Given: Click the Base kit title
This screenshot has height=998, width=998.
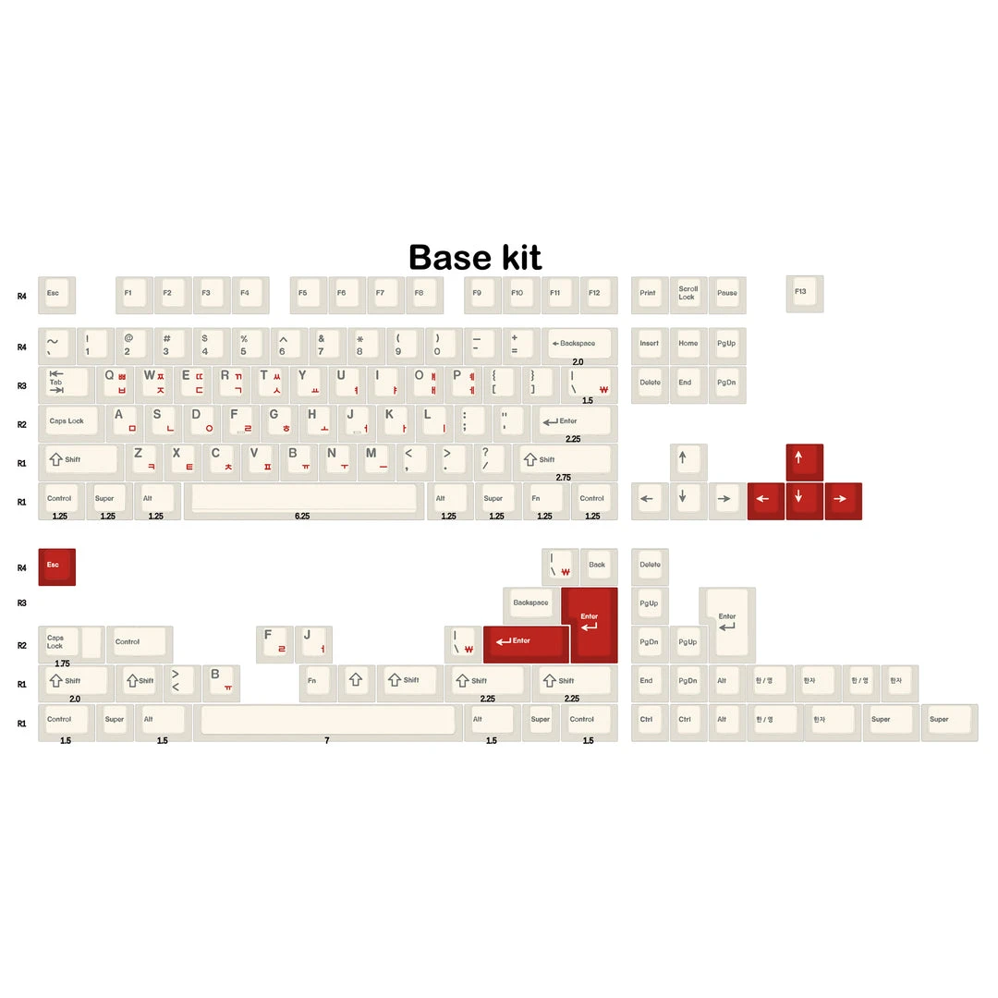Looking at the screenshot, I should tap(475, 257).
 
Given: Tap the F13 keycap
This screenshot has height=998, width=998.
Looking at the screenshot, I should tap(804, 293).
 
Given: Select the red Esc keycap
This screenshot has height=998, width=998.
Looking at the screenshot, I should tap(56, 566).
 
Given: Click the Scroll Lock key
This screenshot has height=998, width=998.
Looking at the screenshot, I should tap(688, 294).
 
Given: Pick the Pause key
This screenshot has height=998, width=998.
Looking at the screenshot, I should tap(727, 294).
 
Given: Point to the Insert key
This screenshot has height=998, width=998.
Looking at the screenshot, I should tap(650, 346).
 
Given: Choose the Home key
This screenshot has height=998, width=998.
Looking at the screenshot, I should tap(688, 346).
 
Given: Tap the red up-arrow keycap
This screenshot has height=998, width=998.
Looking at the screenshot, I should tap(804, 461).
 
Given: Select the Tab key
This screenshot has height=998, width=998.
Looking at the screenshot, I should tap(65, 383).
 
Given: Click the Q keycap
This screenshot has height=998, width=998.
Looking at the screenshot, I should tap(115, 383).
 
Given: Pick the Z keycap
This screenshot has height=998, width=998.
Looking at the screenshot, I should tap(144, 461).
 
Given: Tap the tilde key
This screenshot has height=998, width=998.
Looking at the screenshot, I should tap(56, 346).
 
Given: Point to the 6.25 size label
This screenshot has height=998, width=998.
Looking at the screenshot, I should tap(302, 516).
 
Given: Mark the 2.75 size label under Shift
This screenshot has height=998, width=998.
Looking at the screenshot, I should tap(564, 478).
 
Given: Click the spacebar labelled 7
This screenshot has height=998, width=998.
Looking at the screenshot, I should tap(327, 721).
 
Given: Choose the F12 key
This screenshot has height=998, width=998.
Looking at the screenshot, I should tap(598, 294).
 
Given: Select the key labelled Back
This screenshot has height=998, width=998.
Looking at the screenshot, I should tap(598, 566).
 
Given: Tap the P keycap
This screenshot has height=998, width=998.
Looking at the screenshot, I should tap(464, 383).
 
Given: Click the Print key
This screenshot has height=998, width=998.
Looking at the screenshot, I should tap(650, 294).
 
